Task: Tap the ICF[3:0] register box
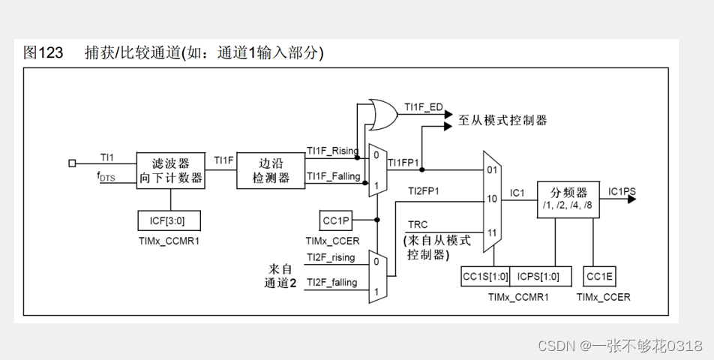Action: (169, 220)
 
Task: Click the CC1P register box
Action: (335, 220)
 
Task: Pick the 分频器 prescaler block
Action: (568, 199)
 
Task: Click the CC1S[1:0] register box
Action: (485, 276)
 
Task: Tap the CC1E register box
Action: (599, 276)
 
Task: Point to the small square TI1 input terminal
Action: (72, 163)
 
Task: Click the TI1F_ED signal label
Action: (424, 107)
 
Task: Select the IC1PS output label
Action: (622, 191)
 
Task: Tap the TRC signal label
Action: (418, 225)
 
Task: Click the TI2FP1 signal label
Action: (424, 192)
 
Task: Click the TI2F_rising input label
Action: (331, 257)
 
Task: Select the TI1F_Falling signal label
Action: (334, 175)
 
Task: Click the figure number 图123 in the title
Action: (43, 52)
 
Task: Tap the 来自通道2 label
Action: (282, 275)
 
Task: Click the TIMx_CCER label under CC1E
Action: (603, 297)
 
